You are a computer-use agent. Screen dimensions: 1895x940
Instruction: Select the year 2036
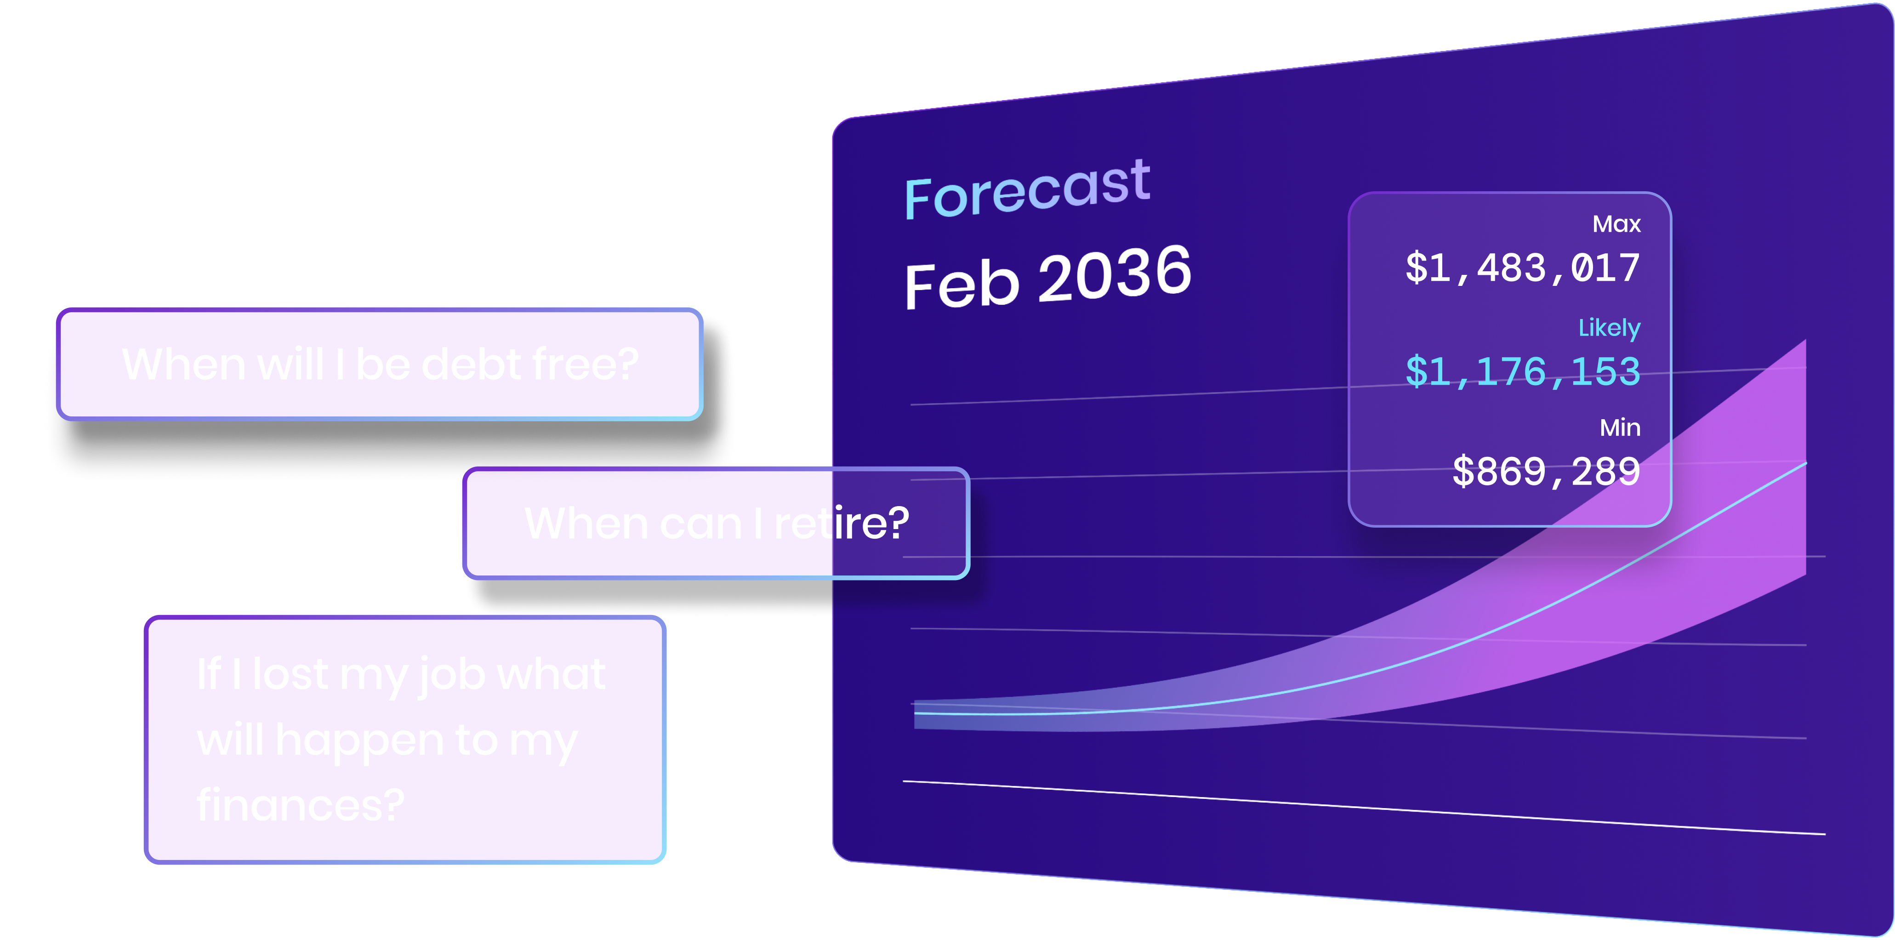pyautogui.click(x=1115, y=273)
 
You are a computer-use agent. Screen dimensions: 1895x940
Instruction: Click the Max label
pyautogui.click(x=1616, y=223)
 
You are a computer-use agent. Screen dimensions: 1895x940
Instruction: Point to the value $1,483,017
pyautogui.click(x=1523, y=268)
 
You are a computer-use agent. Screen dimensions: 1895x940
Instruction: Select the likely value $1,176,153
pyautogui.click(x=1523, y=371)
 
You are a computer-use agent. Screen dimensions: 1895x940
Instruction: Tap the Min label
pyautogui.click(x=1620, y=427)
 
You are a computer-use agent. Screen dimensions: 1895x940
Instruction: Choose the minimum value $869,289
pyautogui.click(x=1546, y=472)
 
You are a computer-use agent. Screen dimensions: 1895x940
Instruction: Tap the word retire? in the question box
pyautogui.click(x=842, y=523)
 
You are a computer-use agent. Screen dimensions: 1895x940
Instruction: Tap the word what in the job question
pyautogui.click(x=552, y=674)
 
